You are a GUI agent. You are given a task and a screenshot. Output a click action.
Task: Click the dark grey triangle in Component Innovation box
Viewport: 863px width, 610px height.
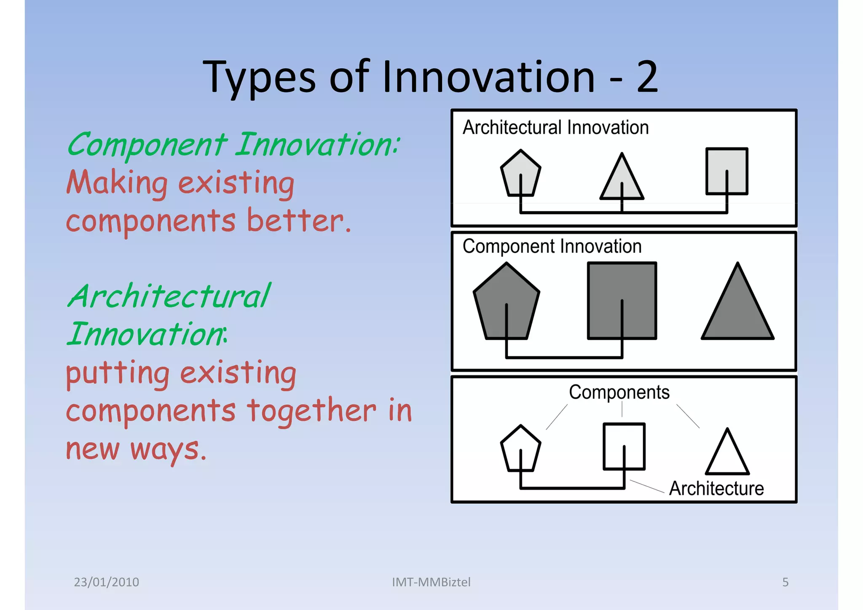tap(737, 312)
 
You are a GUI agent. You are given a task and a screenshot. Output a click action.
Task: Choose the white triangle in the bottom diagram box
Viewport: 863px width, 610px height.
tap(727, 457)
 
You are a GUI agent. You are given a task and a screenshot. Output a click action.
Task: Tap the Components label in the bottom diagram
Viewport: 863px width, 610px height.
tap(619, 392)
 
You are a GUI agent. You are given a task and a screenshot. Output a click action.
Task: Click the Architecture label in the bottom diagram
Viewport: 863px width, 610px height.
tap(716, 488)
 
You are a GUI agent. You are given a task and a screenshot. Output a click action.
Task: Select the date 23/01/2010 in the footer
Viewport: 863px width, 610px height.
tap(106, 582)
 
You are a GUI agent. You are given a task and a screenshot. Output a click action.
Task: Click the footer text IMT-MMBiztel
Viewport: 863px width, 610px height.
tap(431, 582)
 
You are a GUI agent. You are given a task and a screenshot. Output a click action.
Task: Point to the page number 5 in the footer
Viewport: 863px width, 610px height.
tap(785, 582)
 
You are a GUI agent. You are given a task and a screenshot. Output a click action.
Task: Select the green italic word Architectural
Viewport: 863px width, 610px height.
tap(169, 296)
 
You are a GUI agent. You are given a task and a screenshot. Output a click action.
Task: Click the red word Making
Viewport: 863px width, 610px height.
tap(117, 183)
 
